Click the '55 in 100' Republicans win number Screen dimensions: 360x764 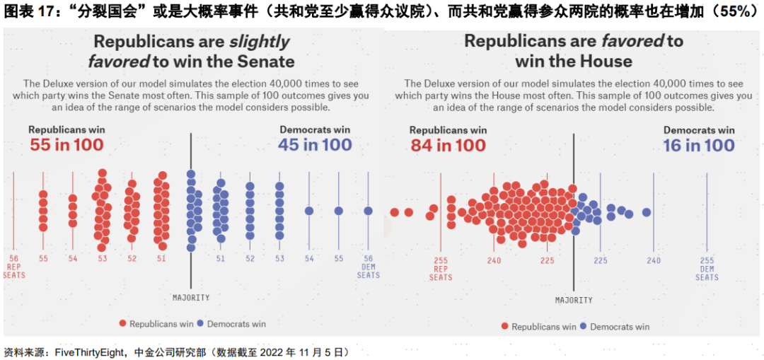tap(66, 145)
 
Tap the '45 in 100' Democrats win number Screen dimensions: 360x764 tap(315, 145)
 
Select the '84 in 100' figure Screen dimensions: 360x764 tap(448, 146)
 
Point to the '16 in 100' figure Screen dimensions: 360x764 tap(699, 146)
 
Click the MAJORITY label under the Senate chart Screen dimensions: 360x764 tap(191, 298)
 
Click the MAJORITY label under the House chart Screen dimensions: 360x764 tap(574, 301)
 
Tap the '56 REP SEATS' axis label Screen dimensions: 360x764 tap(13, 267)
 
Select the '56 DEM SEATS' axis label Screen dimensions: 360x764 tap(368, 267)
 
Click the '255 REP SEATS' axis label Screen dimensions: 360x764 tap(441, 269)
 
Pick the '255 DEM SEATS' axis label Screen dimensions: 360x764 tap(707, 269)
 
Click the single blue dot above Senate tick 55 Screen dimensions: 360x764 tap(339, 211)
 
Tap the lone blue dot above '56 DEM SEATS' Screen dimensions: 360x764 tap(368, 211)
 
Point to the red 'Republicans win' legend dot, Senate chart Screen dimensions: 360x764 tap(122, 323)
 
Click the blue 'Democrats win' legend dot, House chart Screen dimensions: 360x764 tap(584, 327)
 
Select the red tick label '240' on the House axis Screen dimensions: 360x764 tap(494, 261)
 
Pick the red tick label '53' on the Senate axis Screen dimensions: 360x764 tap(103, 259)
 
